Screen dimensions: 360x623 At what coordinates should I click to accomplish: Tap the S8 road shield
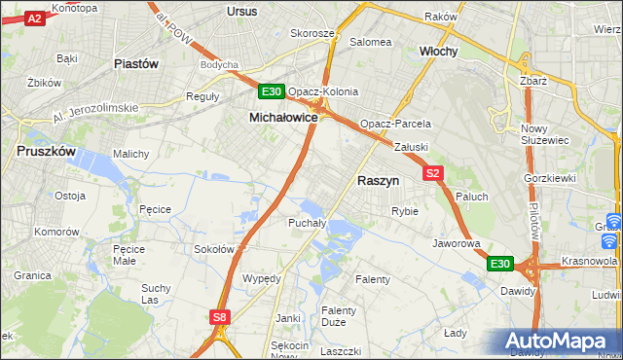point(221,316)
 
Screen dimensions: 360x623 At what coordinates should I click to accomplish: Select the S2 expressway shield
point(434,173)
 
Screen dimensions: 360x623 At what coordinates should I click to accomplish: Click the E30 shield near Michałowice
point(272,92)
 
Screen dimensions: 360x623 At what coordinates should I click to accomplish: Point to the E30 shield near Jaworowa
point(499,264)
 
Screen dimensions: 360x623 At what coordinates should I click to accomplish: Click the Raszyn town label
point(378,180)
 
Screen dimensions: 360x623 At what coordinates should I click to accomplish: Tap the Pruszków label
point(47,152)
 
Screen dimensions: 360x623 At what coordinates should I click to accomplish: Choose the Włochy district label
point(438,51)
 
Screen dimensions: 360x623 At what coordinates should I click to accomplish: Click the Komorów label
point(55,233)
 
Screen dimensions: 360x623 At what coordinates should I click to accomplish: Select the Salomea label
point(371,42)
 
